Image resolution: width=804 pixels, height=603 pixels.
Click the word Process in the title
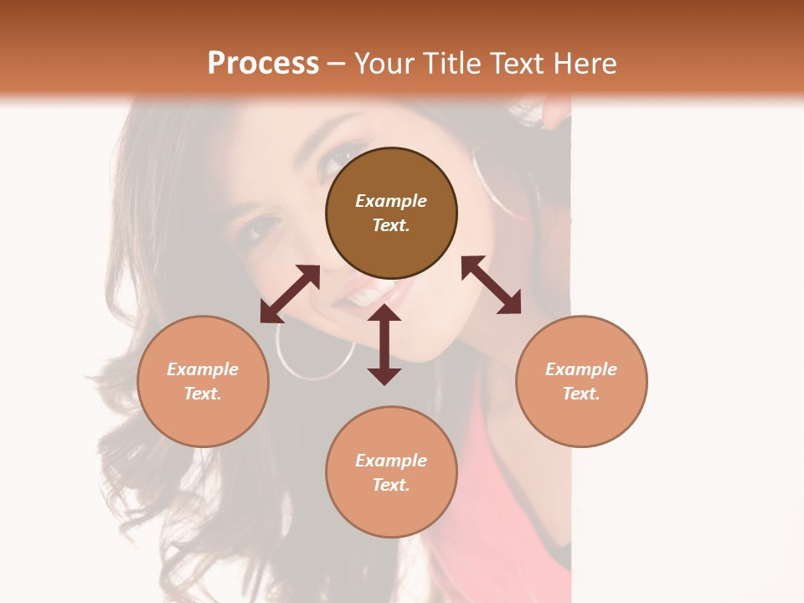point(263,64)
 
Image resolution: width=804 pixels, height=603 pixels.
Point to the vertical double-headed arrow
point(384,344)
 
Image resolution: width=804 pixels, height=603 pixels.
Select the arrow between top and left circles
point(290,294)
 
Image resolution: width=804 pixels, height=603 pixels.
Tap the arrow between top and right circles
point(491,286)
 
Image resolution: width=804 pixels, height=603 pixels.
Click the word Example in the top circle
point(391,201)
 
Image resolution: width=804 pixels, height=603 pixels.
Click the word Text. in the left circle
point(203,394)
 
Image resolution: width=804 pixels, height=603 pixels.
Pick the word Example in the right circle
point(581,369)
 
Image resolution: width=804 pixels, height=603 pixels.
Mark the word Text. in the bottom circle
point(391,485)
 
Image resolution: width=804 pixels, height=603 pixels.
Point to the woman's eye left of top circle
point(261,226)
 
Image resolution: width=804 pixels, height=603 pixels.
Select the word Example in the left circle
point(203,369)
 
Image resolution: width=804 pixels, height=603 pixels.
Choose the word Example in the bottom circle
point(391,461)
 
